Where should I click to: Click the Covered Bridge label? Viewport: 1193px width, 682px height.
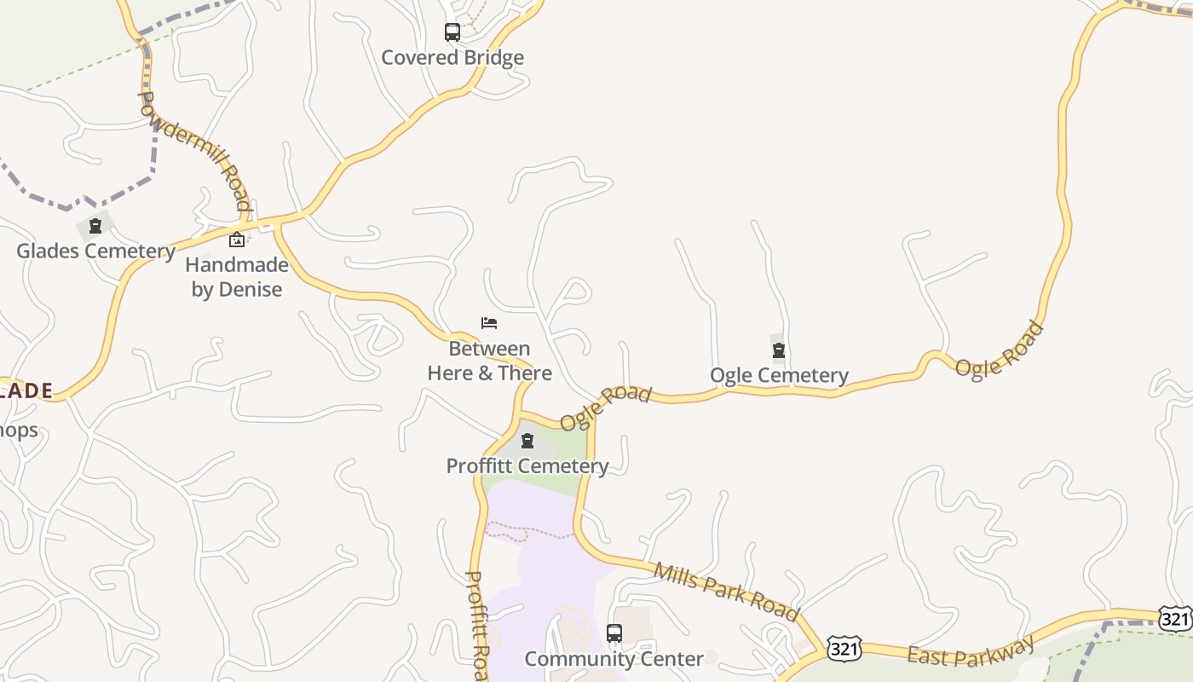tap(452, 58)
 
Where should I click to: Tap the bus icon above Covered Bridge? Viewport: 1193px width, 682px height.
tap(452, 32)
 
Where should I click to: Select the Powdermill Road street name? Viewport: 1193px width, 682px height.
tap(195, 150)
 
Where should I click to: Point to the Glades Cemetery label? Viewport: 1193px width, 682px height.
tap(96, 251)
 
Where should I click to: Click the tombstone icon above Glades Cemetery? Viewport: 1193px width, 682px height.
tap(95, 226)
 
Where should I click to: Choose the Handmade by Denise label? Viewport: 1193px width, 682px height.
tap(237, 277)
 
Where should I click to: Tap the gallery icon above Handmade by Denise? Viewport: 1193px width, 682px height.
tap(237, 240)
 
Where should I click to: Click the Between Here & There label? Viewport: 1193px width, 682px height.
tap(489, 361)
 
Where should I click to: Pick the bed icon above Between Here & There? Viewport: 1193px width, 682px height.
tap(489, 323)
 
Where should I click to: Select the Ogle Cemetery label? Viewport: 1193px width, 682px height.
tap(779, 375)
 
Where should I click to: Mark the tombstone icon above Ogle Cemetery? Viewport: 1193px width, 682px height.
tap(779, 350)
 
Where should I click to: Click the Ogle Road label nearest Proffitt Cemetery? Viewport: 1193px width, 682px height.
tap(606, 407)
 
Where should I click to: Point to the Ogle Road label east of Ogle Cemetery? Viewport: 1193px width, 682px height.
tap(999, 349)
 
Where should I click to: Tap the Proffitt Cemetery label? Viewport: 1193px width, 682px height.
tap(527, 465)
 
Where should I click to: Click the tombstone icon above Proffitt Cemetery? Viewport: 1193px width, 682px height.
tap(527, 441)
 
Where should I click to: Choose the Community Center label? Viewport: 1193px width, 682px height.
tap(614, 659)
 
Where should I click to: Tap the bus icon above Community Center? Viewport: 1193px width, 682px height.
tap(614, 633)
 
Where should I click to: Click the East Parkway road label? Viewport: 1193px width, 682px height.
tap(971, 651)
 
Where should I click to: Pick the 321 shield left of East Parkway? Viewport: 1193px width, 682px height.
tap(844, 650)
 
